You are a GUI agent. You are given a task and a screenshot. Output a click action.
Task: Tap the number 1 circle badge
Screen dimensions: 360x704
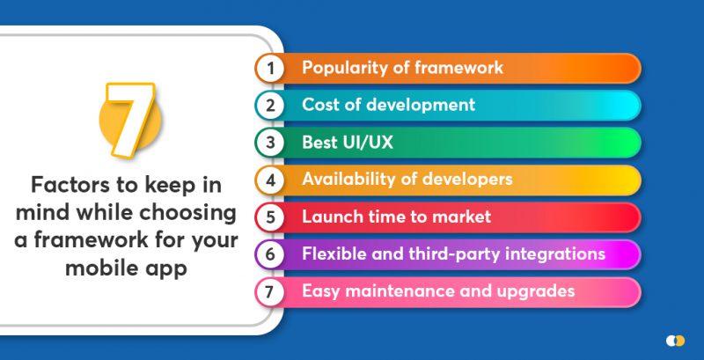coord(271,68)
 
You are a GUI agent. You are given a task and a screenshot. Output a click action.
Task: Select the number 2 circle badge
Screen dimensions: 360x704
coord(271,106)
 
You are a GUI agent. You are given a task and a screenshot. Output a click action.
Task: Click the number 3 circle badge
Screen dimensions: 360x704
coord(271,143)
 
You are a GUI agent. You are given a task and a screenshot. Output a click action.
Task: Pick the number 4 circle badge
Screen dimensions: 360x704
coord(271,180)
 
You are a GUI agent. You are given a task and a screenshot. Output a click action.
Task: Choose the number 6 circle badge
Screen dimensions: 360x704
coord(271,254)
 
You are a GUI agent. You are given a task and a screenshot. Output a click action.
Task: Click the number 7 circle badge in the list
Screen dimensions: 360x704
coord(271,291)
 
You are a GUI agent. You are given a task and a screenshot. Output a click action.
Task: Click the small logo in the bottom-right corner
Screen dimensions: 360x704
coord(675,339)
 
